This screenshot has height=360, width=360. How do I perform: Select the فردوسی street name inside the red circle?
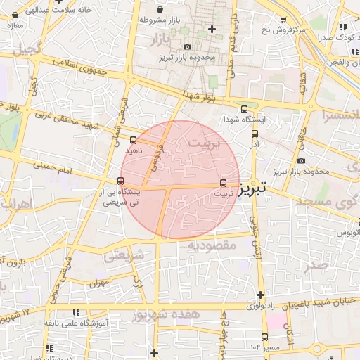155,159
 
